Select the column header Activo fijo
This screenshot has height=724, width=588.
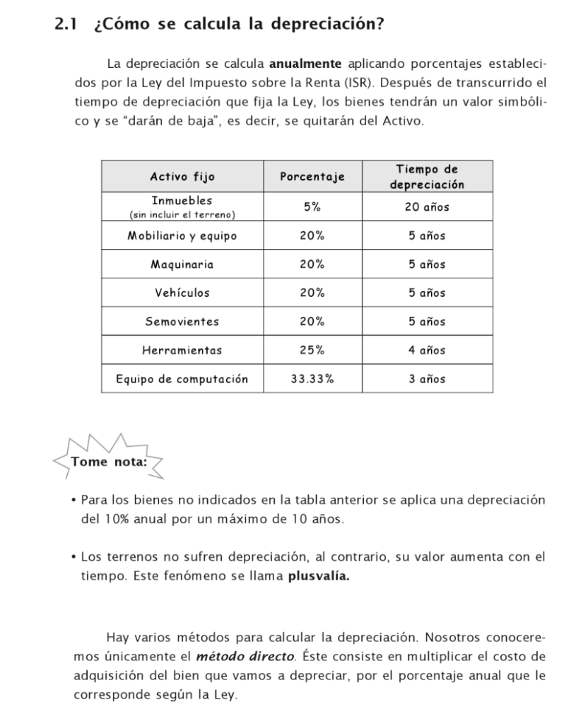tap(182, 177)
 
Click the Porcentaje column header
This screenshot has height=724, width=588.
tap(312, 177)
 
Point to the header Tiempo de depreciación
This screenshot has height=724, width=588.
tap(427, 177)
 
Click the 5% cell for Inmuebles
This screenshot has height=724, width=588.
tap(312, 207)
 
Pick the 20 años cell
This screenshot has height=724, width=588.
tap(427, 207)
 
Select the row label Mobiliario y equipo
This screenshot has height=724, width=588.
tap(182, 236)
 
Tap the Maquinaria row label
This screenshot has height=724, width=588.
tap(182, 265)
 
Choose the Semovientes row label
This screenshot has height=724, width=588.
tap(182, 322)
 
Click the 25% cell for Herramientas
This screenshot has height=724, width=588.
tap(312, 350)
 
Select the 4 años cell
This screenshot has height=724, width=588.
tap(427, 350)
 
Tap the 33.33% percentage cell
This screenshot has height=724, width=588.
tap(312, 379)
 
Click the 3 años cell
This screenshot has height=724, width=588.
tap(427, 379)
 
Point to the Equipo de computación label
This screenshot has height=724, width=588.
tap(182, 379)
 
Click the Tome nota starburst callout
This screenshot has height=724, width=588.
tap(109, 462)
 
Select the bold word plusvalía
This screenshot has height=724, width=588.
tap(319, 576)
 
